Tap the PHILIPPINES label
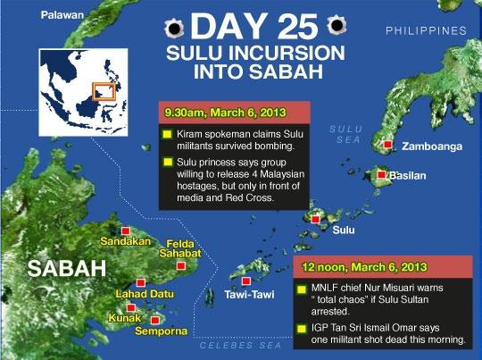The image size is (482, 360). [x=426, y=31]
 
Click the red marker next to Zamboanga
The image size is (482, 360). [x=386, y=145]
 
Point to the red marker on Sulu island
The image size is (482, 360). [x=316, y=218]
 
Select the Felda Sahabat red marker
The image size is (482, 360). [x=180, y=265]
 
